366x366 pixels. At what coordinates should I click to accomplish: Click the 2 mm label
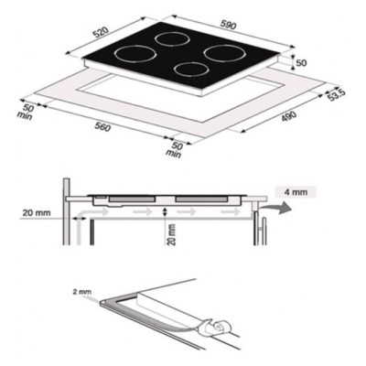pyautogui.click(x=77, y=291)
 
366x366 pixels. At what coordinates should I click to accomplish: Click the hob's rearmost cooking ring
pyautogui.click(x=169, y=39)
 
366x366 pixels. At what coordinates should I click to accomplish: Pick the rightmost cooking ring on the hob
pyautogui.click(x=222, y=52)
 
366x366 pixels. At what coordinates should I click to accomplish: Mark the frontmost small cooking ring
pyautogui.click(x=190, y=70)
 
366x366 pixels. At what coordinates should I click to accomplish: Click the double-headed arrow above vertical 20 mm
pyautogui.click(x=165, y=213)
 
